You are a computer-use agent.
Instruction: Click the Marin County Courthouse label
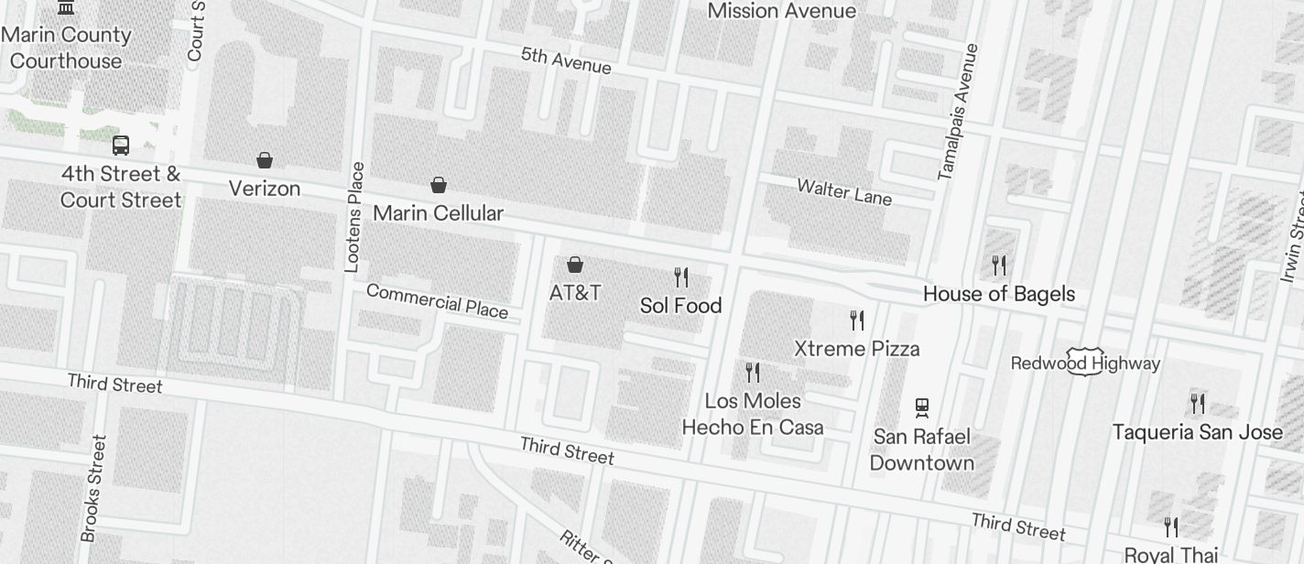[66, 48]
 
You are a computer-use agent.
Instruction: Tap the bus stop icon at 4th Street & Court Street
[120, 145]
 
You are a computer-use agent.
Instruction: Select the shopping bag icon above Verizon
[265, 160]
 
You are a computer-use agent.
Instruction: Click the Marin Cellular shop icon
[439, 185]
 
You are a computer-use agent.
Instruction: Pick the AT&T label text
[575, 293]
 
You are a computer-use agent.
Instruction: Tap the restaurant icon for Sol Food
[680, 277]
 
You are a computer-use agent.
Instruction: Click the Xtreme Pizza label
[856, 349]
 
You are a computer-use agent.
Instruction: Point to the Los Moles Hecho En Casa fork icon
[753, 373]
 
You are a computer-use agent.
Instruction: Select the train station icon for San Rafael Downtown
[922, 407]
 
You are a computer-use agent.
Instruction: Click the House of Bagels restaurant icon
[999, 266]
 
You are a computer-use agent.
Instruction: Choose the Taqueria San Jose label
[1197, 432]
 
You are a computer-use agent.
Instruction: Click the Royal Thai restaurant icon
[1170, 527]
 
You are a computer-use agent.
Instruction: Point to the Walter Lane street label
[843, 192]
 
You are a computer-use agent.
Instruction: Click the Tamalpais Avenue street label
[959, 112]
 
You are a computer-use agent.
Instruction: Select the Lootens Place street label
[353, 218]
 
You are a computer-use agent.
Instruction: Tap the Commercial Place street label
[437, 301]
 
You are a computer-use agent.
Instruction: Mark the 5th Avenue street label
[566, 60]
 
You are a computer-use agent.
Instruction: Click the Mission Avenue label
[782, 11]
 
